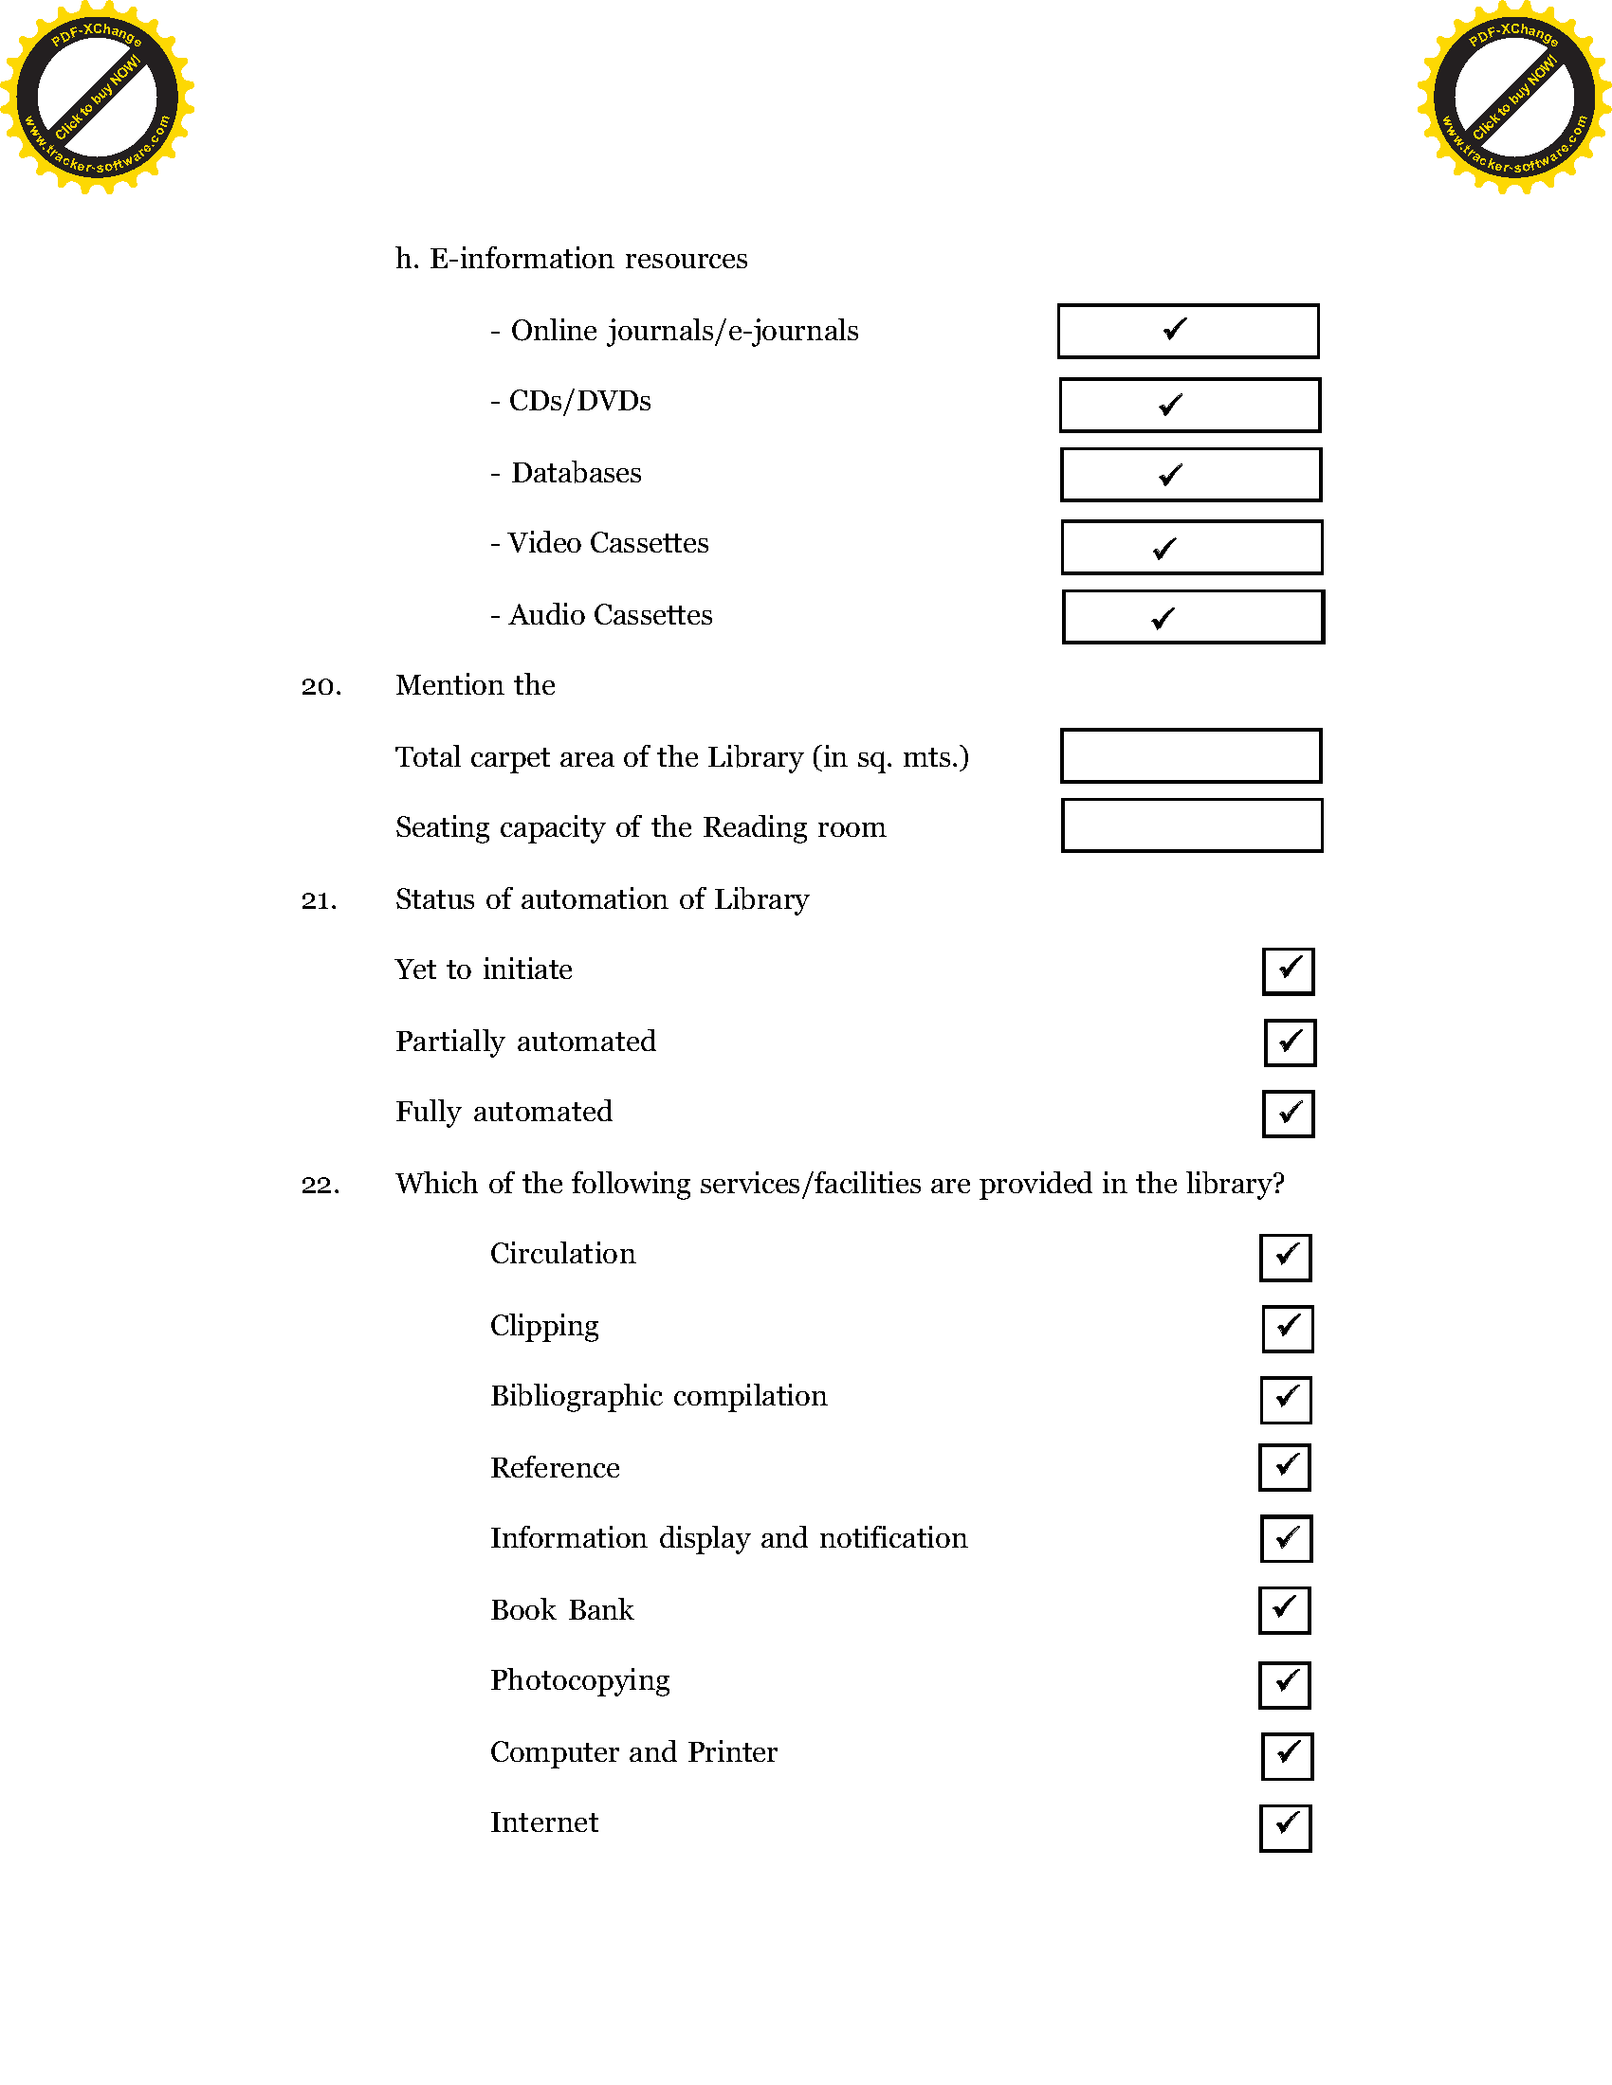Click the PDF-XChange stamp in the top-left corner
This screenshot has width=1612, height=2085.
(97, 97)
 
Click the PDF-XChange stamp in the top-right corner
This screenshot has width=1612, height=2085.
(1513, 97)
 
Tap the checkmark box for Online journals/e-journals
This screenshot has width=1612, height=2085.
(1188, 332)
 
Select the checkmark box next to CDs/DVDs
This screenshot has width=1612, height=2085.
(1190, 405)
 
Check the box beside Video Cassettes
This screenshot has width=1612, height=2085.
(1192, 547)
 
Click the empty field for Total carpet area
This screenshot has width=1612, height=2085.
(1191, 756)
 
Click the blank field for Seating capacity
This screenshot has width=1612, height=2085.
(1192, 825)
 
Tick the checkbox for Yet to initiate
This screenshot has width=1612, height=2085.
(1289, 970)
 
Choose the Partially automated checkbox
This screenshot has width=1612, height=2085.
(1291, 1042)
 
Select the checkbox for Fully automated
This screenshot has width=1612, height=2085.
(1289, 1115)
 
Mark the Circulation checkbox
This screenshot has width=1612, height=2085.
(1286, 1258)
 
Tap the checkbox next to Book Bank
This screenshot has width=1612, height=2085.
(1285, 1610)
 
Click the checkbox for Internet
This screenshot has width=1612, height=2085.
(1286, 1828)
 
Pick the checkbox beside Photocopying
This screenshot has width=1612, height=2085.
(1285, 1685)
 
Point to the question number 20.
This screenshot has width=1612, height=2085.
(321, 686)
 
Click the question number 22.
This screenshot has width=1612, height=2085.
(321, 1185)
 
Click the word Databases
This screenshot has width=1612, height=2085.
(576, 473)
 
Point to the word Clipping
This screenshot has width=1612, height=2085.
(544, 1326)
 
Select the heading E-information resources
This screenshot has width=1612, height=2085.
(587, 259)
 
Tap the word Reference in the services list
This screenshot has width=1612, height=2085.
(555, 1467)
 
